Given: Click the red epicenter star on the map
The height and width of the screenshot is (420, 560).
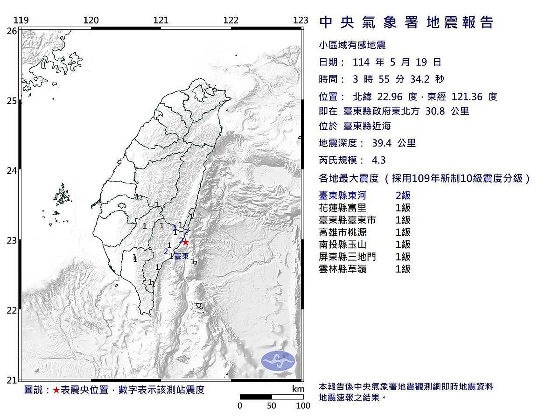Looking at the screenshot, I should click(x=185, y=242).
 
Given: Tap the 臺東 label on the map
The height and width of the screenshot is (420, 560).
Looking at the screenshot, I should click(x=182, y=257).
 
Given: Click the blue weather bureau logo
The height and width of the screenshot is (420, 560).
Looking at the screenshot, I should click(x=278, y=361).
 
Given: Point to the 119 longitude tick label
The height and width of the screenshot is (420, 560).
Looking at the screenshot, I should click(x=21, y=20).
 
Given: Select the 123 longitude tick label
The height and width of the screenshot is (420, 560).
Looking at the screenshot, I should click(x=301, y=20).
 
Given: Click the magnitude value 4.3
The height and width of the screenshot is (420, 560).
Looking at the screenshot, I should click(x=378, y=160).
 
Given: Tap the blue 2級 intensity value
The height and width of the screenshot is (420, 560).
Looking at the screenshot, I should click(x=403, y=196).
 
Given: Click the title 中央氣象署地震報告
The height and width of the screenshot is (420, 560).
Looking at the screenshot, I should click(x=406, y=22).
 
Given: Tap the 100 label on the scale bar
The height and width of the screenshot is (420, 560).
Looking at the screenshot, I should click(x=303, y=406).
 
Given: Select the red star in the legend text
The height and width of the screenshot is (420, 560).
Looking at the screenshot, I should click(x=56, y=390).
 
